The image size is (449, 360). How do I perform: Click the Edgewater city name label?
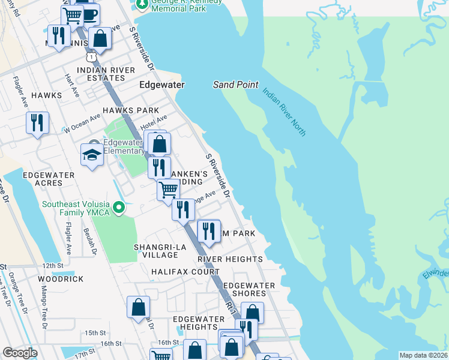coord(161,85)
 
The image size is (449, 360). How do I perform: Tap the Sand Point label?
coord(235,85)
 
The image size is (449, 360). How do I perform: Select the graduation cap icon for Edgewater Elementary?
coord(92,155)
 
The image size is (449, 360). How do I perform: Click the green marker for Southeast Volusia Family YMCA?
coord(119,208)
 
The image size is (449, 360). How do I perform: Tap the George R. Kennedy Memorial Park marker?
coord(142,5)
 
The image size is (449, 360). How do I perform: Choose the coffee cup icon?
coord(90,13)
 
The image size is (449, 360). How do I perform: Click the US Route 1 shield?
coord(91,56)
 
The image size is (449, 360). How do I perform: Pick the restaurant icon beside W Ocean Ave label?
coord(37,123)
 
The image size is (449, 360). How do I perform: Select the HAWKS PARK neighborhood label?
coord(130,110)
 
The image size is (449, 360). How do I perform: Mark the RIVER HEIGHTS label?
coord(230,259)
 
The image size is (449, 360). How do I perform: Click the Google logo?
coord(20,353)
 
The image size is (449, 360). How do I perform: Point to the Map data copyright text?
coord(423,355)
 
